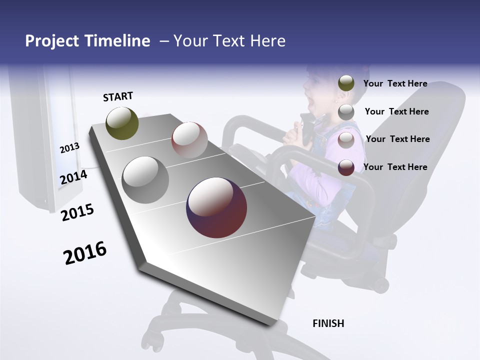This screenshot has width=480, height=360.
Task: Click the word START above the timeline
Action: tap(118, 96)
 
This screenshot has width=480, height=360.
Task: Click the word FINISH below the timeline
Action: tap(328, 323)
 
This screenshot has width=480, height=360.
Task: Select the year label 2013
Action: tap(69, 147)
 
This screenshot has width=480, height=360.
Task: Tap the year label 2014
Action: tap(73, 177)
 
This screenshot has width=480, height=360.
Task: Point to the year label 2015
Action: tap(77, 212)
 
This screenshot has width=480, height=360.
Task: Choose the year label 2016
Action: tap(85, 252)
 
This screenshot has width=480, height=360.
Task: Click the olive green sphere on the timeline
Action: tap(122, 123)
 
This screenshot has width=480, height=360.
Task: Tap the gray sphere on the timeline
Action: tap(145, 180)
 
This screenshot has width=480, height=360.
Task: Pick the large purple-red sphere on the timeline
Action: tap(216, 207)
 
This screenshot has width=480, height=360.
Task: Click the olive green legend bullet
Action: tap(346, 83)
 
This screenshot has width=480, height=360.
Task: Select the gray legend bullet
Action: tap(346, 112)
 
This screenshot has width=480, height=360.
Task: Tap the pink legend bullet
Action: tap(346, 139)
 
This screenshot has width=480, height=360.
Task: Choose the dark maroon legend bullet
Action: tap(346, 167)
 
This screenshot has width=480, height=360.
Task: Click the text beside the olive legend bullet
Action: tap(395, 83)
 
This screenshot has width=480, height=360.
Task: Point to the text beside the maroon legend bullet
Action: tap(395, 167)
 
